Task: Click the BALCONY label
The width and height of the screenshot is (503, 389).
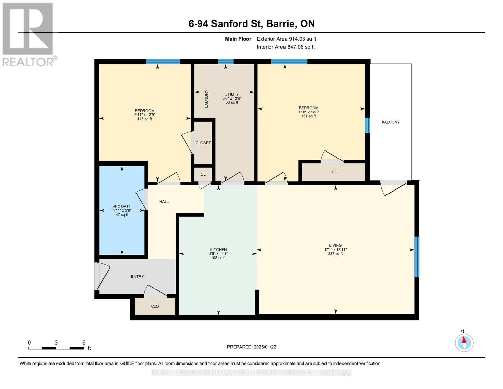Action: click(390, 122)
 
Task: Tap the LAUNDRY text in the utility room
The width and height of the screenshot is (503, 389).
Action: click(206, 99)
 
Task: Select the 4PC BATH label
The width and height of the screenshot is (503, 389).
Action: click(122, 206)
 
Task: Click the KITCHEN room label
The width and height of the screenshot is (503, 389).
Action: click(218, 250)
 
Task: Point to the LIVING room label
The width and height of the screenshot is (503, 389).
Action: click(335, 245)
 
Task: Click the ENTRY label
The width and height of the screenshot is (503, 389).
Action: click(137, 277)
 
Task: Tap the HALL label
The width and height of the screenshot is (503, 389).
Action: click(164, 201)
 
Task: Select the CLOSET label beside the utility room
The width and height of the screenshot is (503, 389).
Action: click(203, 143)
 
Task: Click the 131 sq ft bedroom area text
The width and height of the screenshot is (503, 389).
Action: click(308, 116)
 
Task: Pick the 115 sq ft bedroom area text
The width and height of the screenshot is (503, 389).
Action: click(144, 119)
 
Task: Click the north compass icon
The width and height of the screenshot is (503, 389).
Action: click(464, 342)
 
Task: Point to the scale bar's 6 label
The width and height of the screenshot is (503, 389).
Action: click(84, 343)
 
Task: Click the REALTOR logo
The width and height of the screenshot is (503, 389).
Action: click(28, 34)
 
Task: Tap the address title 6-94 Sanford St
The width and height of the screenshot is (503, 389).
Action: click(252, 24)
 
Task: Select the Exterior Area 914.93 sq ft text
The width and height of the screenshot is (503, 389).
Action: click(286, 39)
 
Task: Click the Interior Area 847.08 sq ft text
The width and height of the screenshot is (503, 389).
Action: click(286, 47)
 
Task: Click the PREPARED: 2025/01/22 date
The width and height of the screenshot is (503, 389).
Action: click(251, 347)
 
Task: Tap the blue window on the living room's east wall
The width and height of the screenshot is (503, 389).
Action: click(417, 257)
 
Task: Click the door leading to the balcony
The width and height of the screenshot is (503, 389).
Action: click(394, 187)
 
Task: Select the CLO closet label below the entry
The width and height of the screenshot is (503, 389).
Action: click(155, 306)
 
